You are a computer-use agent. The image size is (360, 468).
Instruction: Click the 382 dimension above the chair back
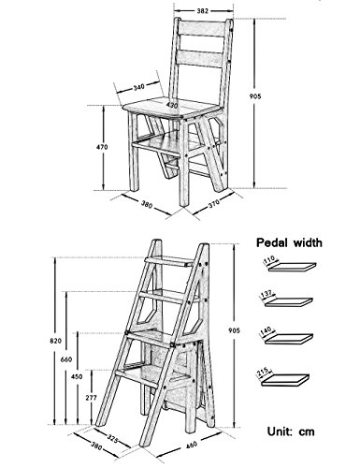[x=202, y=11]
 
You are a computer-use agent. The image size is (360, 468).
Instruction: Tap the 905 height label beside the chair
[x=255, y=96]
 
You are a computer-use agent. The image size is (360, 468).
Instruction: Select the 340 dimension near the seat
[x=138, y=87]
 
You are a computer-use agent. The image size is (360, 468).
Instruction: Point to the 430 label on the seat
[x=172, y=105]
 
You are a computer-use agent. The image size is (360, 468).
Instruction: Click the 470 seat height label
[x=102, y=147]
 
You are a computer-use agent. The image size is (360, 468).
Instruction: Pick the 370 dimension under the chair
[x=214, y=203]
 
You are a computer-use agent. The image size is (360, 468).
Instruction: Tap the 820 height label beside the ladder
[x=55, y=341]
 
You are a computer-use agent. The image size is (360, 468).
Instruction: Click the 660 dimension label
[x=66, y=359]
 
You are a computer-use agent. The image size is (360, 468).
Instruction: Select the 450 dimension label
[x=77, y=376]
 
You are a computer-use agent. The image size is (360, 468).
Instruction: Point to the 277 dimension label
[x=91, y=398]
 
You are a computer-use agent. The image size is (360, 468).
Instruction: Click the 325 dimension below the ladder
[x=112, y=438]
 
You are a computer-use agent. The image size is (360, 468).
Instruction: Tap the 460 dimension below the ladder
[x=191, y=444]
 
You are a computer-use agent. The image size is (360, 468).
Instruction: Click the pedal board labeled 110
[x=293, y=267]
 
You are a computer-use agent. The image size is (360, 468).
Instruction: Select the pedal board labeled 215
[x=285, y=380]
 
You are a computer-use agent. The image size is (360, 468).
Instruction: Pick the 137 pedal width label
[x=267, y=294]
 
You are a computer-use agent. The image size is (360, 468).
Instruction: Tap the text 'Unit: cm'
[x=291, y=431]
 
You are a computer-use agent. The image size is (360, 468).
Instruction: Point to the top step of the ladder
[x=169, y=261]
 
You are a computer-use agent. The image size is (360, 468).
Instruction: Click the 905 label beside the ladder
[x=234, y=330]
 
